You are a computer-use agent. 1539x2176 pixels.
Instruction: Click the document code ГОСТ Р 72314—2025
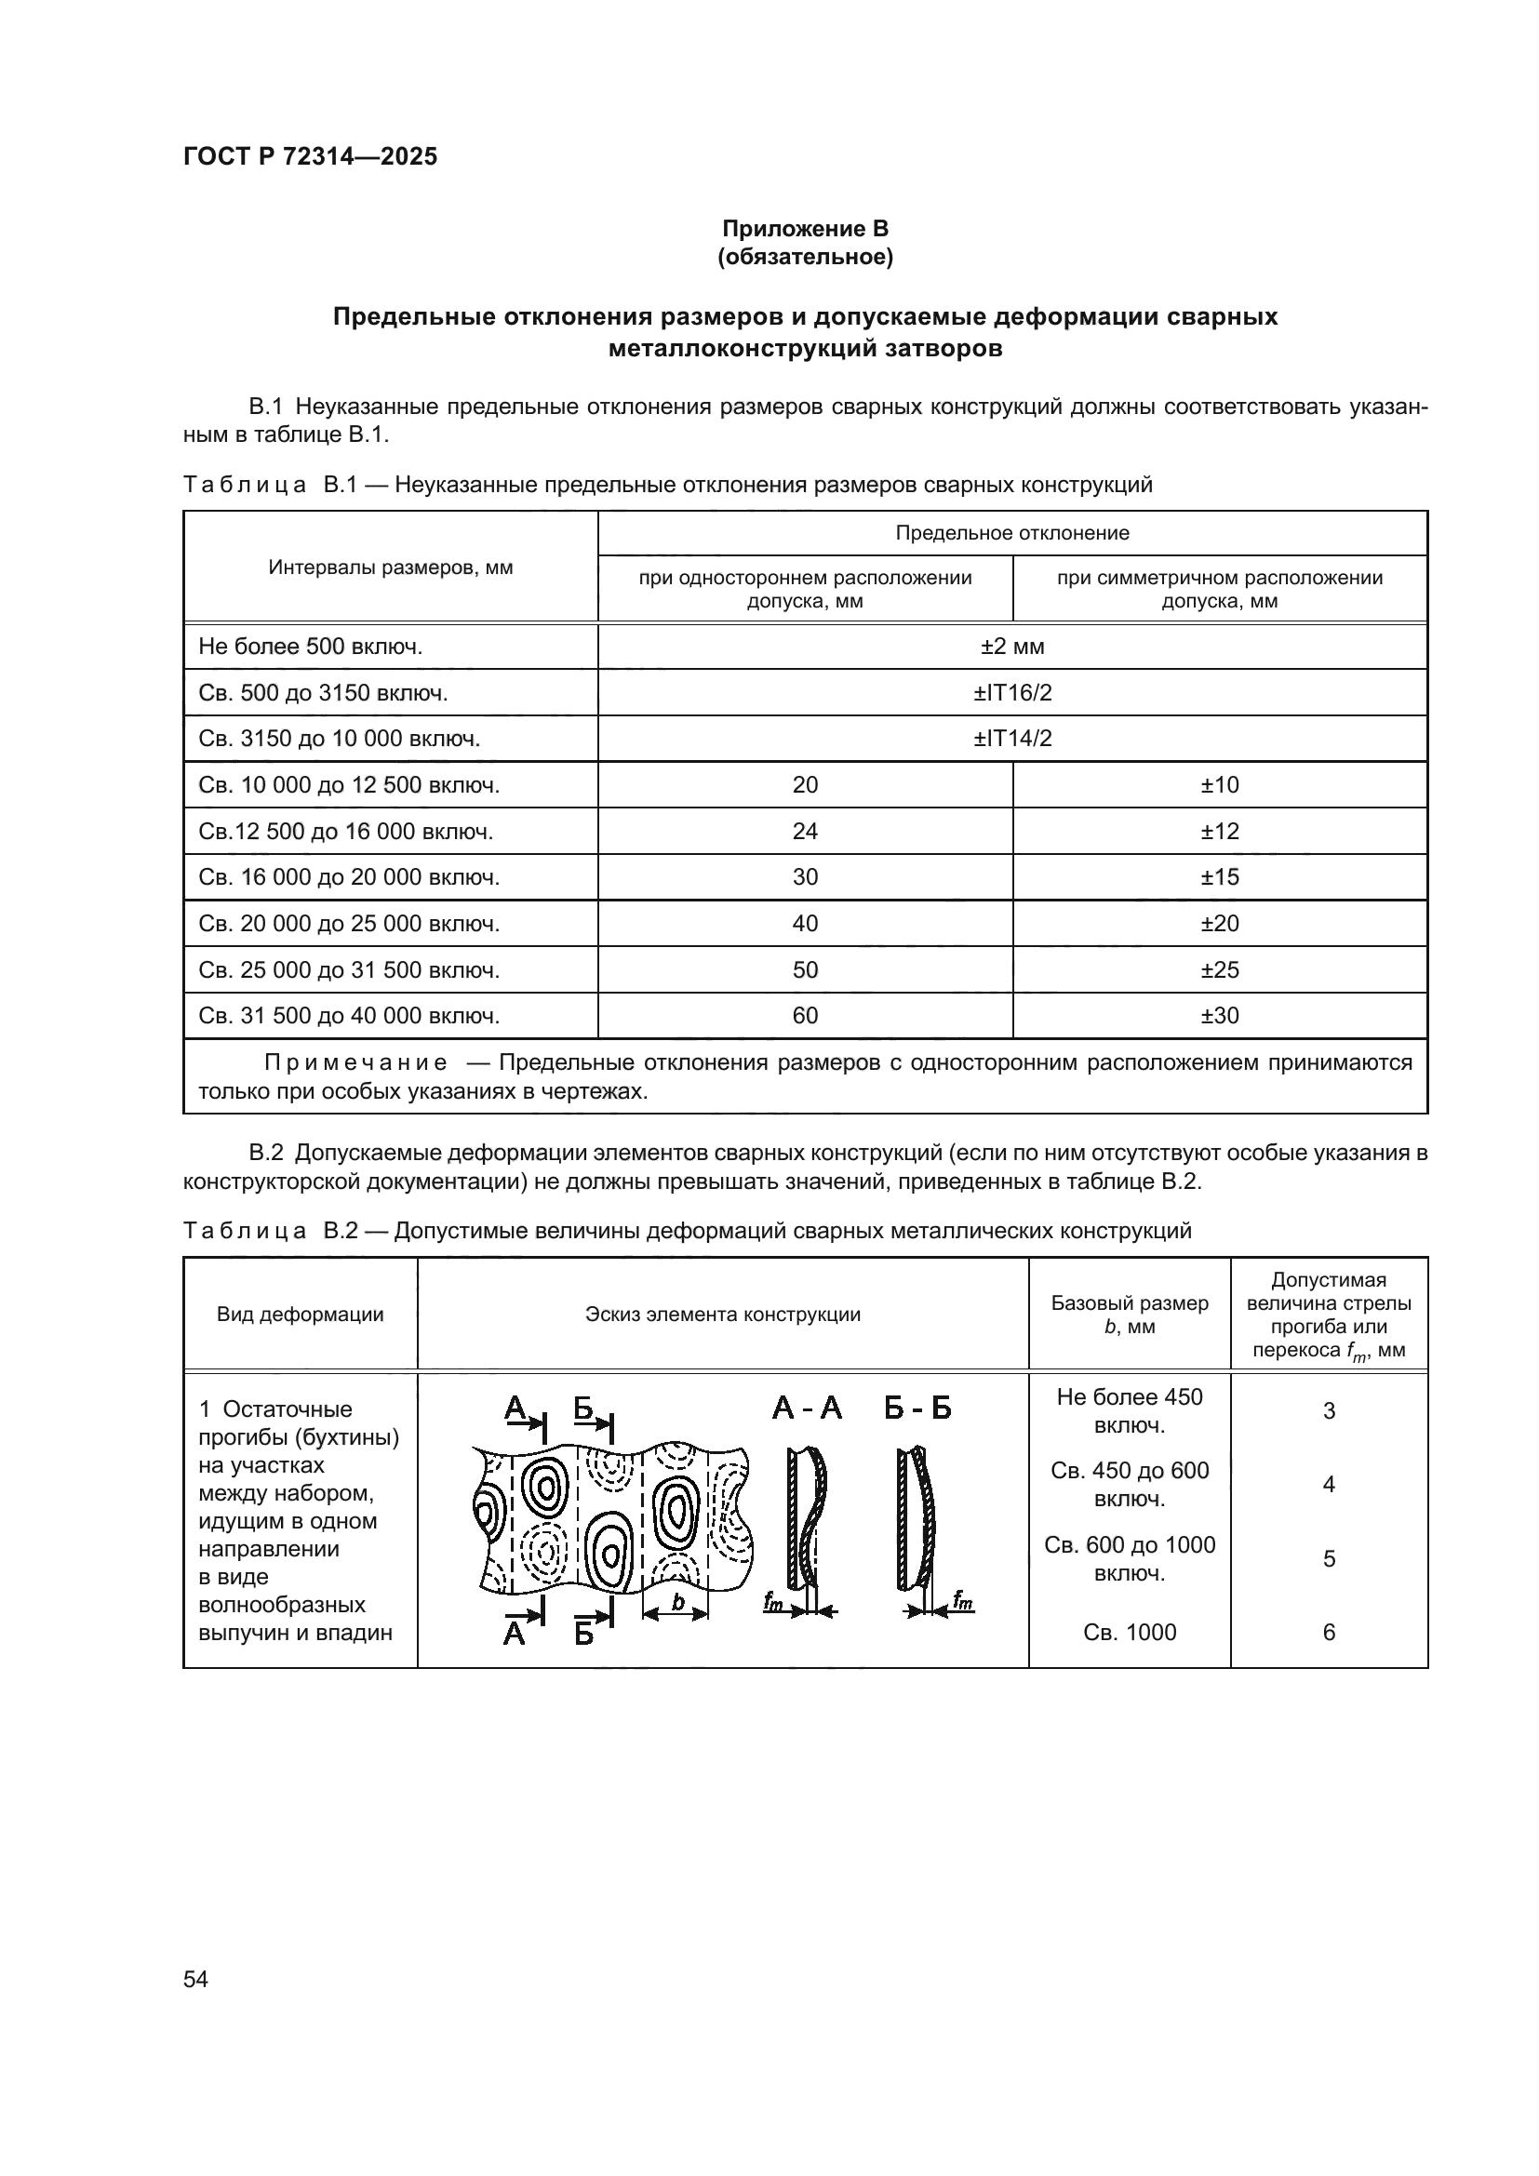tap(310, 157)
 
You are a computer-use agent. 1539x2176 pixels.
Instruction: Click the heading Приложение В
tap(805, 229)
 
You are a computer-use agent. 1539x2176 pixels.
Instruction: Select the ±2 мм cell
tap(1011, 647)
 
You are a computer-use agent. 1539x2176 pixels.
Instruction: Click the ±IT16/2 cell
tap(1011, 693)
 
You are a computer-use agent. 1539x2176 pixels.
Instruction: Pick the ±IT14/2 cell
tap(1011, 739)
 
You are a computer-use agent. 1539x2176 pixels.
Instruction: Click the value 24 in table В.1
tap(805, 831)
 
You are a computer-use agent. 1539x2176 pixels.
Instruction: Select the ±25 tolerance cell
tap(1219, 969)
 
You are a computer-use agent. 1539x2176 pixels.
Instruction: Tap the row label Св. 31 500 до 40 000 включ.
tap(349, 1016)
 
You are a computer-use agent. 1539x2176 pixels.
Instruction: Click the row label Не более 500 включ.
tap(310, 647)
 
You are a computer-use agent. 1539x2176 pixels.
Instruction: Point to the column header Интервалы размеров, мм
tap(390, 567)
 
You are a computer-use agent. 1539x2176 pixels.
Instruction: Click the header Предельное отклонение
tap(1011, 533)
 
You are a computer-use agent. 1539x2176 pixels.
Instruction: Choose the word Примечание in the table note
tap(355, 1062)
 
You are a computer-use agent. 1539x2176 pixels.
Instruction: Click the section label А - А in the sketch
tap(807, 1409)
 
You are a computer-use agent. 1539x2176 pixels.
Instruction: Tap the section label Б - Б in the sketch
tap(917, 1409)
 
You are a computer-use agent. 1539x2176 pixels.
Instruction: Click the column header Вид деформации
tap(300, 1315)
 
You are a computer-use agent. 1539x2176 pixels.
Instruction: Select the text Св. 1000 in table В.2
tap(1129, 1632)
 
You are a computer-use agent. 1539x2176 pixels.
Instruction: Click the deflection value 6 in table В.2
tap(1328, 1632)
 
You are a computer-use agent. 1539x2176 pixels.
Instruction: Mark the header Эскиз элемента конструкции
tap(722, 1315)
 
